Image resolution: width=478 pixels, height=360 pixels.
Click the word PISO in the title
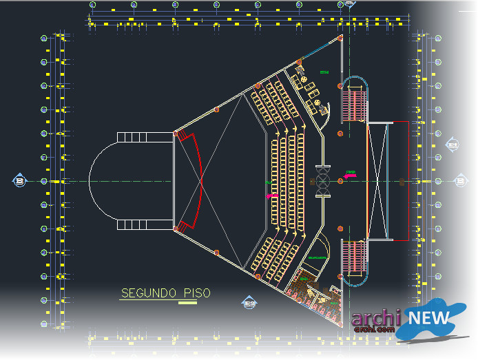coord(197,293)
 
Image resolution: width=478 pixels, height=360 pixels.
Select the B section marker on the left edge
coord(19,181)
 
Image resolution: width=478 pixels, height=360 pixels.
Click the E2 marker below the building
coord(249,303)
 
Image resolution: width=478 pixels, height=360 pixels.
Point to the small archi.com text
coord(375,330)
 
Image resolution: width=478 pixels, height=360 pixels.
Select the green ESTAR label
coord(324,72)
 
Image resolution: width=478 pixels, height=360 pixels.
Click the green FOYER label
coord(351,171)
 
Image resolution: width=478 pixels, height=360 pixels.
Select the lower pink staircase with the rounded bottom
coord(354,260)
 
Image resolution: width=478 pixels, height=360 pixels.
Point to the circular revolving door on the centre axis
coord(323,181)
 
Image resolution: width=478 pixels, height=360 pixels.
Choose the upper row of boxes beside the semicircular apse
coord(145,138)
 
